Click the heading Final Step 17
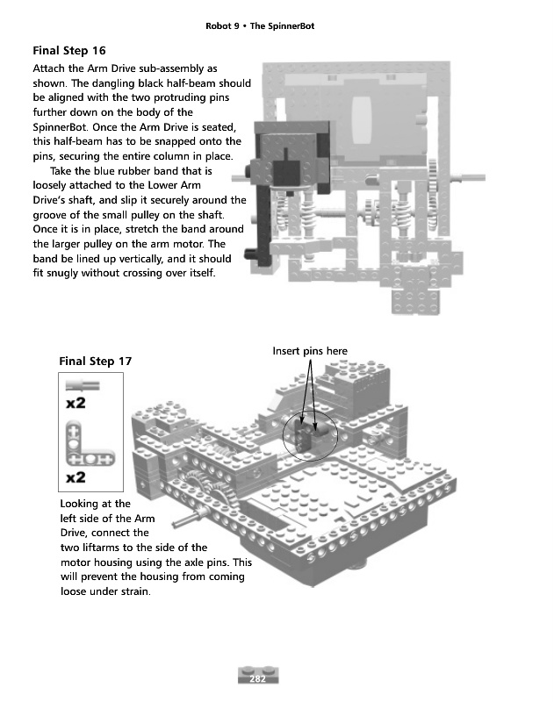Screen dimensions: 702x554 [96, 361]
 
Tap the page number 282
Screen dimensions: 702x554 [258, 678]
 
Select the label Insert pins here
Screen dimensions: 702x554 [310, 351]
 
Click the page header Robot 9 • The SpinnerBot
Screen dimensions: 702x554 [259, 26]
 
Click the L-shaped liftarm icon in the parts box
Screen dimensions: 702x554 [89, 444]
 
